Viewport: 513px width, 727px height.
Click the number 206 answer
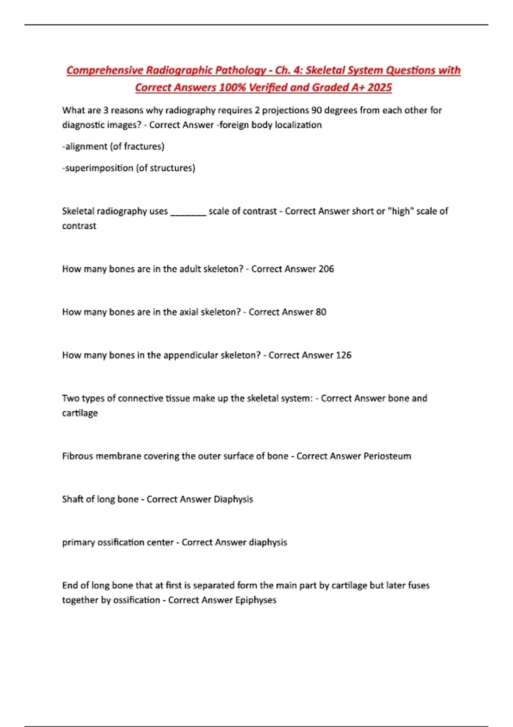tap(326, 269)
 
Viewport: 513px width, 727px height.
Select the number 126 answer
tap(344, 355)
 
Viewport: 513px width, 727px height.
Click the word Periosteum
tap(387, 456)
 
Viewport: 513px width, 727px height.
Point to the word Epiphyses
tap(256, 600)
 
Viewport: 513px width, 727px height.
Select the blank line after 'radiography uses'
tap(188, 212)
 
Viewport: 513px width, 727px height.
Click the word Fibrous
tap(77, 456)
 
